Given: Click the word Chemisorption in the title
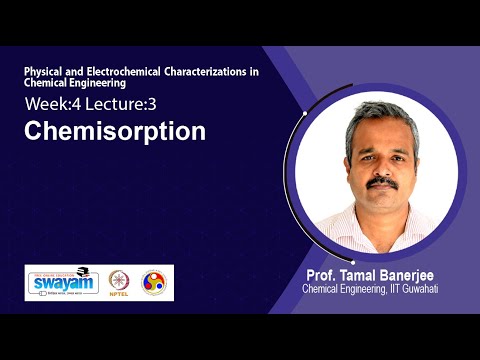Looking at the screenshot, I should click(x=115, y=131).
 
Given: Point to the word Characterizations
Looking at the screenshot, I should click(x=212, y=73).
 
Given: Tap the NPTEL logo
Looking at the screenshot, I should click(x=119, y=283).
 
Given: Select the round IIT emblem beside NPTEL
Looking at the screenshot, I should click(x=154, y=283).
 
